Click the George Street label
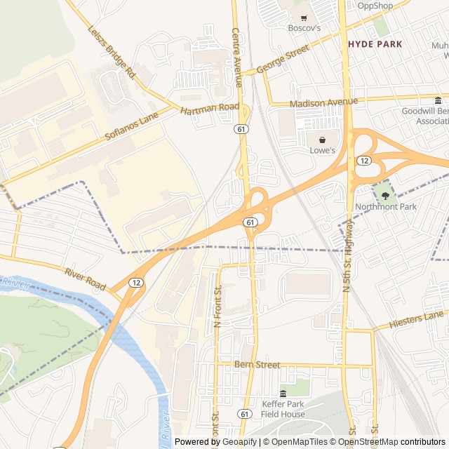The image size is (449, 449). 283,60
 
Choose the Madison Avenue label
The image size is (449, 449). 323,102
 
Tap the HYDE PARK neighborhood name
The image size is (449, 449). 375,44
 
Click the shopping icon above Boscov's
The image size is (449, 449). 304,18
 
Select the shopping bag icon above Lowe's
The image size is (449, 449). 322,140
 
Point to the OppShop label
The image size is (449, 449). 375,6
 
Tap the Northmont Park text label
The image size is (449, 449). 385,207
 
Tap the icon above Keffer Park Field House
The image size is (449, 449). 283,393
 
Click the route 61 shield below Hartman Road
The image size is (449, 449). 241,129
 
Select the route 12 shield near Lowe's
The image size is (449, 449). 363,161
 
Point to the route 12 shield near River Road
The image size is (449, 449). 135,282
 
